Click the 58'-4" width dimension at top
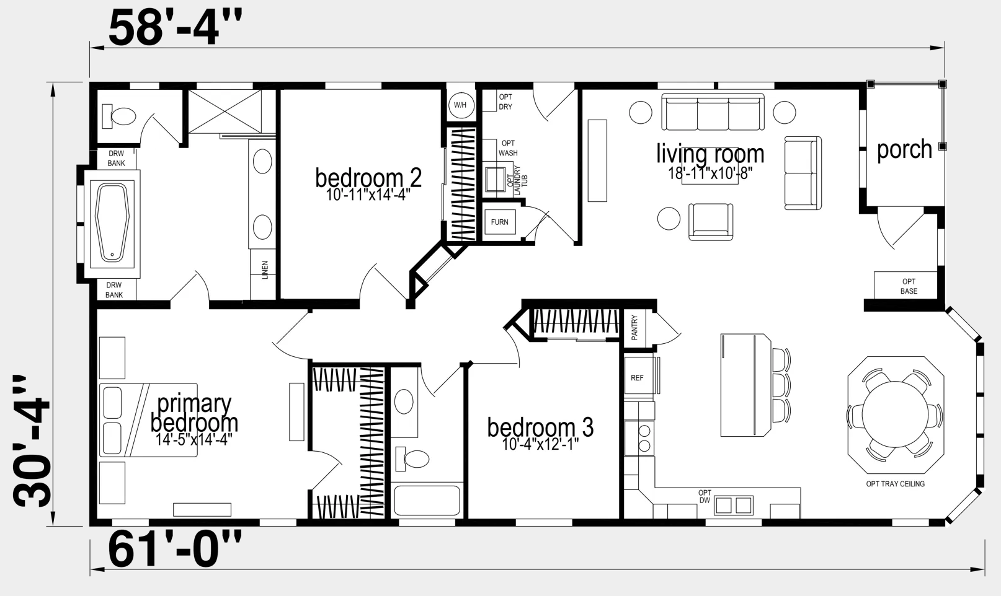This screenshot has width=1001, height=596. click(x=175, y=28)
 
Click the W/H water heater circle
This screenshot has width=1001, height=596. click(x=461, y=105)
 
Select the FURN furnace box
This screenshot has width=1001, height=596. click(x=500, y=222)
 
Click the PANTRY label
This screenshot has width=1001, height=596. click(x=634, y=327)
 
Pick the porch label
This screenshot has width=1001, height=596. click(x=904, y=149)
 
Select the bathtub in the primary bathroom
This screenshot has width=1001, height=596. click(x=112, y=222)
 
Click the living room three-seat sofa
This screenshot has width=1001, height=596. click(x=713, y=112)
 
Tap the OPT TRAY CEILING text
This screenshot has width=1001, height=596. click(x=895, y=484)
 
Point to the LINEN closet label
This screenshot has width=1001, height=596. click(x=265, y=270)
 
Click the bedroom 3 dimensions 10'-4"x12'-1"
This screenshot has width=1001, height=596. click(x=540, y=444)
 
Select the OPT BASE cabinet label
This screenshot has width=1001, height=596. click(x=909, y=286)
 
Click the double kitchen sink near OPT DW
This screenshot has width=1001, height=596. click(x=733, y=506)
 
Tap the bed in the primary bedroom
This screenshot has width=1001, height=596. click(x=148, y=420)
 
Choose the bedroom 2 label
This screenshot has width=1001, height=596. click(x=368, y=178)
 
